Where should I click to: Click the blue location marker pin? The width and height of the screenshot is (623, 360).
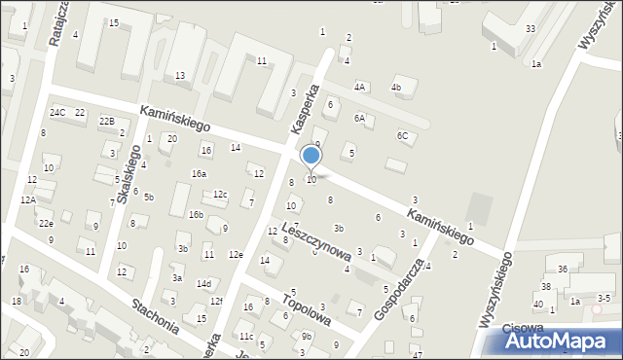311,157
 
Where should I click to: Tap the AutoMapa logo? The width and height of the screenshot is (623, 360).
562,341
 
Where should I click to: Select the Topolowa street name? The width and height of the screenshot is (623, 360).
307,306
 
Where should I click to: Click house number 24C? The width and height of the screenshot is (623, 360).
58,113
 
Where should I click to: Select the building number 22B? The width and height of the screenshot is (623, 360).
107,121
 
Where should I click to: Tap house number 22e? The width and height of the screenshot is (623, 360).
46,223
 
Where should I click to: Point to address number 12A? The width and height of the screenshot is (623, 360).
28,199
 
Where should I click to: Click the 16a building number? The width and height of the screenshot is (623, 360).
199,173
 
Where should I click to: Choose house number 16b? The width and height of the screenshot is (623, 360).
196,214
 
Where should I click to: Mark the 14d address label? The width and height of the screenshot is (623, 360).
203,283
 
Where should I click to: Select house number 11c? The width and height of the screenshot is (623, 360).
245,337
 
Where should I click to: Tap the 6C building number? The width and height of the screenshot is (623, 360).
402,135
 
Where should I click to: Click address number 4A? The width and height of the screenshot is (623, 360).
360,87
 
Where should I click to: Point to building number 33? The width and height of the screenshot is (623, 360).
531,28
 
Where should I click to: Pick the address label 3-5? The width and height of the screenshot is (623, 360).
605,298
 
